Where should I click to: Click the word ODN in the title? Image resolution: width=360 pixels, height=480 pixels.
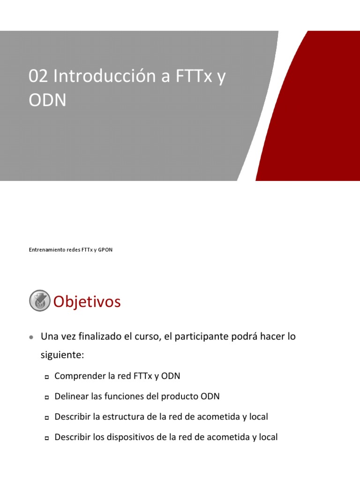47,100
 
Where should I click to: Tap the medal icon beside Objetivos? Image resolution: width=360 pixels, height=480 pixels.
39,300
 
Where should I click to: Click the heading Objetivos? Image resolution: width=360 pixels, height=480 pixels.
87,302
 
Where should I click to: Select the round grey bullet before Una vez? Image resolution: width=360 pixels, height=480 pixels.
31,337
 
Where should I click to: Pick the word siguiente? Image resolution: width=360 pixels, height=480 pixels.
62,355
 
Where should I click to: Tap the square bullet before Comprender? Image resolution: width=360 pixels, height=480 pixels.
47,377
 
